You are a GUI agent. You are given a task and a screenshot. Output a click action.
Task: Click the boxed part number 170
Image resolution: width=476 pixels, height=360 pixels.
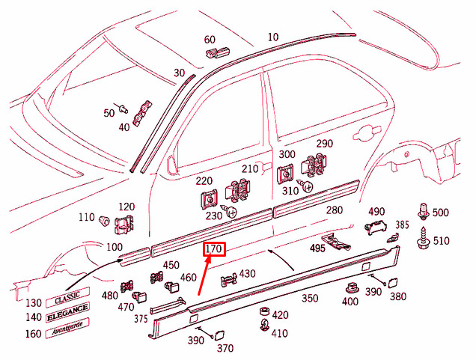(214, 249)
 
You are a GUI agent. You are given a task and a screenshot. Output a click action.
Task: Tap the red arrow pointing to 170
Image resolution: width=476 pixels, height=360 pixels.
(204, 275)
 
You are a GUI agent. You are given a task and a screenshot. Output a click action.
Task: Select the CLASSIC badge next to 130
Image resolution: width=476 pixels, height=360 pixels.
(67, 297)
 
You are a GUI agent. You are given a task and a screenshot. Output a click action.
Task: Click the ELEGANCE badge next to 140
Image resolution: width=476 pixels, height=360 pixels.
(67, 313)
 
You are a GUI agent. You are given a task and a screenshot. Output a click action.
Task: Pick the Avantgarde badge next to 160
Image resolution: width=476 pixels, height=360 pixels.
(67, 328)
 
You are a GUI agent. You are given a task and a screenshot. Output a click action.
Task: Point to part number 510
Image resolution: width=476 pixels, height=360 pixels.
(441, 241)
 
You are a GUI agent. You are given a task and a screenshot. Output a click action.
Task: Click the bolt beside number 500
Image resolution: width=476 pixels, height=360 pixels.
(424, 211)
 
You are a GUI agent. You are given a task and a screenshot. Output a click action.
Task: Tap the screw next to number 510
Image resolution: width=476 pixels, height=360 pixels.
(423, 238)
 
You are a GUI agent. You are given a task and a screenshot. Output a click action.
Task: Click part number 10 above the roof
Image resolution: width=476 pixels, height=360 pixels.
(273, 37)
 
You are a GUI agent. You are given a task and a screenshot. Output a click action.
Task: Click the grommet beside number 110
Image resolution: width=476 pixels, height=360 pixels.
(105, 220)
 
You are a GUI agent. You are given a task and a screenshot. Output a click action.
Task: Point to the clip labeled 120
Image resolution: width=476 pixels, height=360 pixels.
(123, 225)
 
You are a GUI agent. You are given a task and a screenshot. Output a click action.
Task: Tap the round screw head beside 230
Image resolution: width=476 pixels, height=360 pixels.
(231, 212)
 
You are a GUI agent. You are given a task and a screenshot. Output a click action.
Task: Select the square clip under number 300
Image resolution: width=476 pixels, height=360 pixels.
(285, 174)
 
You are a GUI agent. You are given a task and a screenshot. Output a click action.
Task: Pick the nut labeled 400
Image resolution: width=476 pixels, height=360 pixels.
(353, 287)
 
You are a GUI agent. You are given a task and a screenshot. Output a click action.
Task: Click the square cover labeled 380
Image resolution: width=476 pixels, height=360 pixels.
(393, 283)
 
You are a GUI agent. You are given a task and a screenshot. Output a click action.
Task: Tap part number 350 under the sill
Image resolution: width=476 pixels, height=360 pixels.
(310, 298)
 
